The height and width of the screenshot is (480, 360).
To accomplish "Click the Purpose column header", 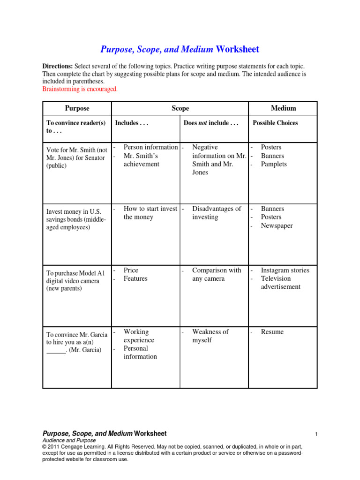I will point(77,108).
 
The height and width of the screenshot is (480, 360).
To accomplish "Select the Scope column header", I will point(180,108).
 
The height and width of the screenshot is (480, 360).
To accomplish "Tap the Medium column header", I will point(284,108).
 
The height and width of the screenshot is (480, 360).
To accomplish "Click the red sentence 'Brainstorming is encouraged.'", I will point(80,89).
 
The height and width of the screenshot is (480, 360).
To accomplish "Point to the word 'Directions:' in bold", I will point(57,67).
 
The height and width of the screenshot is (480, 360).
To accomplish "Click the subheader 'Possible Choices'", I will point(275,123).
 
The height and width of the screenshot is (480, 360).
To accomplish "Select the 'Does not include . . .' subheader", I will point(211,123).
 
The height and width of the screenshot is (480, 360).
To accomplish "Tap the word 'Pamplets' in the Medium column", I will point(274,164).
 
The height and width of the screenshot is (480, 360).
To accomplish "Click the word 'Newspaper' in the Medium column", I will point(277,225).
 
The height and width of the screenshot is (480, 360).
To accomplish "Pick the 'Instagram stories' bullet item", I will point(285,270).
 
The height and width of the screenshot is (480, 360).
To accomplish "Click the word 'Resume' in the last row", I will point(272,332).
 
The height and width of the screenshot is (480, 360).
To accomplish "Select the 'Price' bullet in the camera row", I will point(131,270).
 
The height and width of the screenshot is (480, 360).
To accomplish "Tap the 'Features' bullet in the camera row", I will point(135,278).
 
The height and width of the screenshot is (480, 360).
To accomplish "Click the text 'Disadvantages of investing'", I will point(217,213).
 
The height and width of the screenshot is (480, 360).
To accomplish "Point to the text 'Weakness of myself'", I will point(210,336).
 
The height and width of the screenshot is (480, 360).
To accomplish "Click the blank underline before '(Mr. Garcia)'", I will point(56,351).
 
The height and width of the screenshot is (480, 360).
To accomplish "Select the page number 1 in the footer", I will point(316,435).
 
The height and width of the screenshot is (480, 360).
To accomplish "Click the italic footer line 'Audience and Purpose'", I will point(69,441).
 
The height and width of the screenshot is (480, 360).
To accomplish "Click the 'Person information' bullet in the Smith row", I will point(150,147).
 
